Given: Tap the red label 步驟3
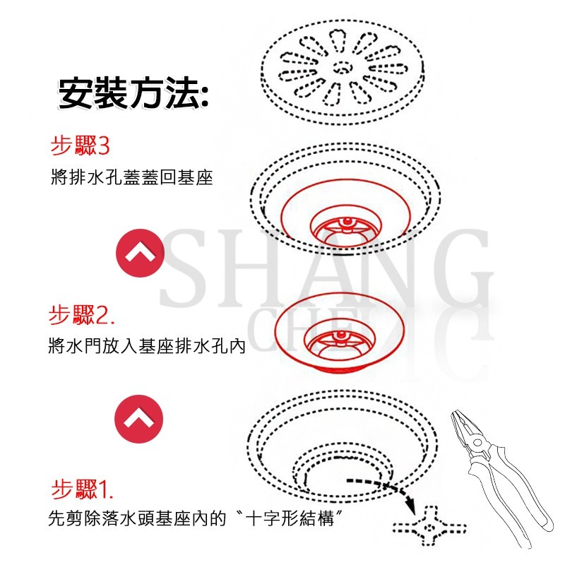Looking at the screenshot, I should coord(80,146).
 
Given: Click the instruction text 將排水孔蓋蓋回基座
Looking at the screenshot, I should coord(131,177).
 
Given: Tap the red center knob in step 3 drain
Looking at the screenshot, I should coord(346,225).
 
